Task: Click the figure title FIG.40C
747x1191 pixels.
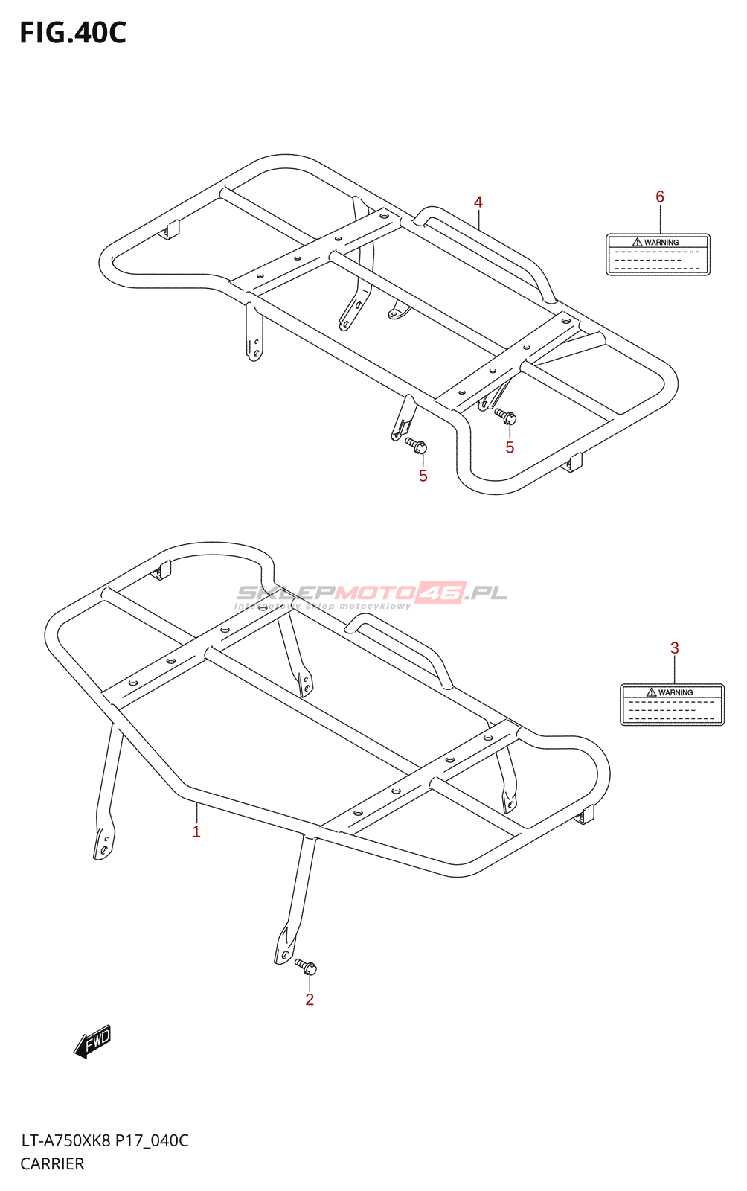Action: [x=73, y=33]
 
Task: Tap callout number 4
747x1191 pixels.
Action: [x=478, y=202]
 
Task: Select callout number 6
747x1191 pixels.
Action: [x=660, y=197]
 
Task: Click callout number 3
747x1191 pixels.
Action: [x=674, y=648]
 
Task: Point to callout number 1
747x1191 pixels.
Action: [x=196, y=831]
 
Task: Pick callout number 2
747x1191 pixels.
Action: [x=310, y=1000]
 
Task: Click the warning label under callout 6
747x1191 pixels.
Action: [x=658, y=254]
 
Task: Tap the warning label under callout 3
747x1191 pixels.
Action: [x=672, y=704]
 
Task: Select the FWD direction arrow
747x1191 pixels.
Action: [x=92, y=1041]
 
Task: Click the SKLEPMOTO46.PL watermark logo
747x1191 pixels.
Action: [x=371, y=592]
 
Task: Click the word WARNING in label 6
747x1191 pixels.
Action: [x=661, y=243]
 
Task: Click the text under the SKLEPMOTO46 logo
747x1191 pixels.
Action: [x=323, y=606]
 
